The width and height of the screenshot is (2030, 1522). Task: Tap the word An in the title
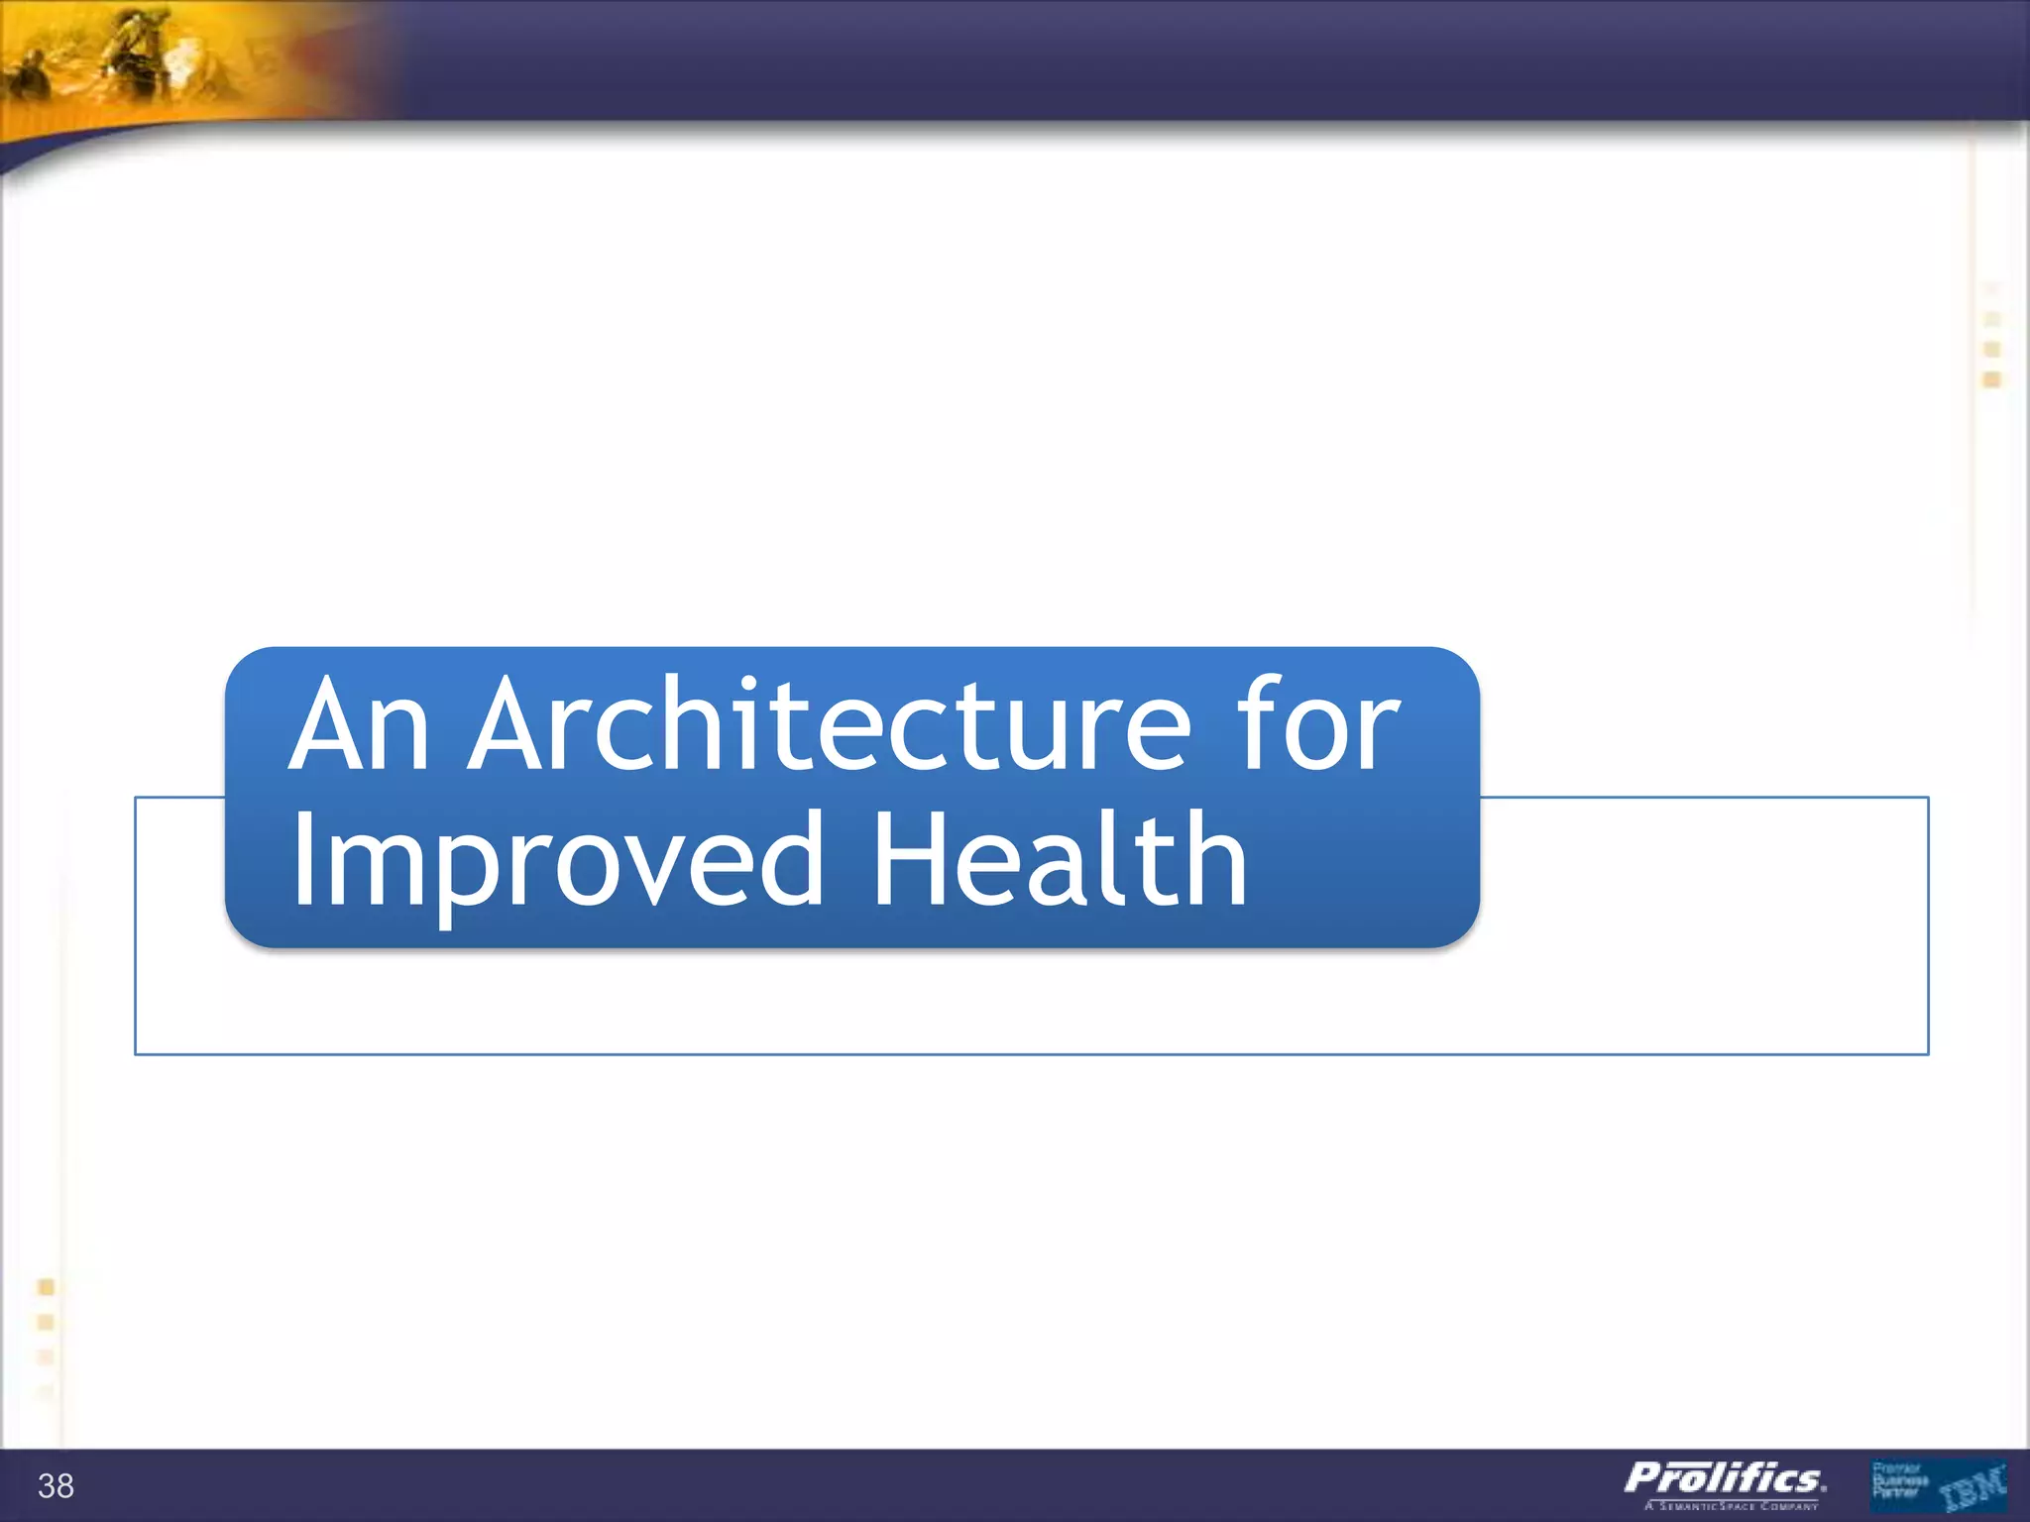tap(359, 725)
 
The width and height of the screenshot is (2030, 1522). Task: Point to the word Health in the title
tap(1059, 858)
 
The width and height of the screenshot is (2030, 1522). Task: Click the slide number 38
tap(56, 1486)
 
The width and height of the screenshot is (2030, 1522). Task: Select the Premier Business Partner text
tap(1898, 1479)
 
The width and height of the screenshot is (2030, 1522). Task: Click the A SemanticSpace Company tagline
tap(1732, 1506)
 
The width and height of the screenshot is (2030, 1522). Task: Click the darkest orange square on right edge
tap(1992, 380)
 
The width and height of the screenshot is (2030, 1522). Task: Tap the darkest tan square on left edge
tap(46, 1287)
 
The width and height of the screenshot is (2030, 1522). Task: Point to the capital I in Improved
tap(303, 858)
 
